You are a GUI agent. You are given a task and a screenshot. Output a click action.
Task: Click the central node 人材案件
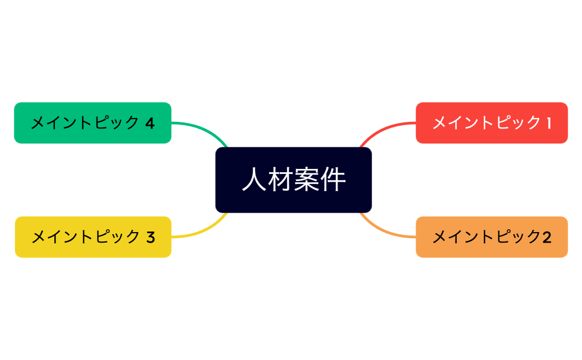click(x=293, y=180)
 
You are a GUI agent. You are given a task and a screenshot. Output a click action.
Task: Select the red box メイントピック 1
click(x=492, y=123)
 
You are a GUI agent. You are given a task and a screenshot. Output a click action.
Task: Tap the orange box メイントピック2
click(x=492, y=237)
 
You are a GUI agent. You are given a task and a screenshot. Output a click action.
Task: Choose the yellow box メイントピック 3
click(x=93, y=237)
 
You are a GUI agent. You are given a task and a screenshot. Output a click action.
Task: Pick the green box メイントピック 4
click(x=93, y=123)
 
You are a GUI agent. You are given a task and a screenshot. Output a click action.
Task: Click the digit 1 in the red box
click(x=549, y=123)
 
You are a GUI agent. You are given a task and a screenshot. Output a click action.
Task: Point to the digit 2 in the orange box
click(x=547, y=237)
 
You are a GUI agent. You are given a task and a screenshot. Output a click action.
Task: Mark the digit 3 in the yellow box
click(x=150, y=237)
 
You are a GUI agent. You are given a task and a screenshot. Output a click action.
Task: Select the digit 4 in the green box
click(x=150, y=123)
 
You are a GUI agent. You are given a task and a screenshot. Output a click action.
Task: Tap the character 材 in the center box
click(x=280, y=180)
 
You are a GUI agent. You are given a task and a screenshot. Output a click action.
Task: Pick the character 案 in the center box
click(x=307, y=180)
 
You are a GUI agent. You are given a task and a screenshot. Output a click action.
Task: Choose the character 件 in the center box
click(x=333, y=180)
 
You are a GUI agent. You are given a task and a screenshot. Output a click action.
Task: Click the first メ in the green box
click(x=38, y=123)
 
